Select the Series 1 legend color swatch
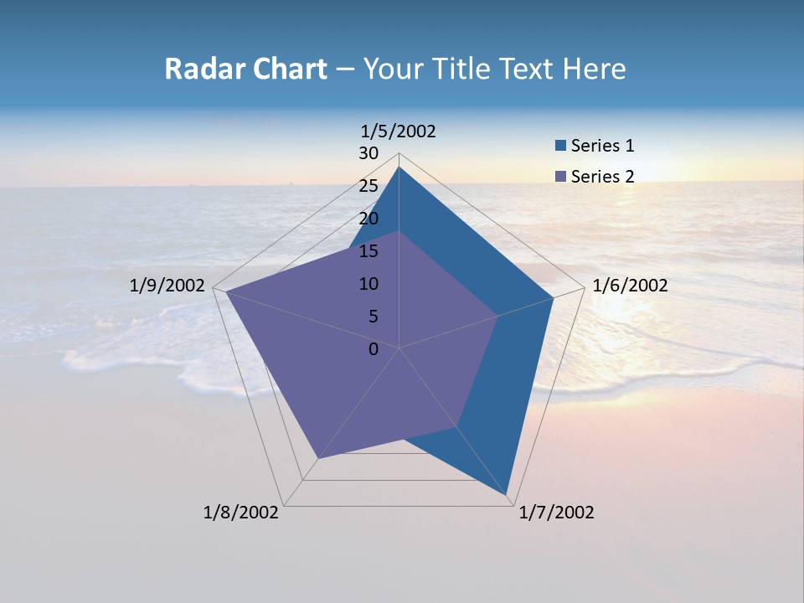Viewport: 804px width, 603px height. tap(561, 146)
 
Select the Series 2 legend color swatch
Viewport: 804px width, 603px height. tap(561, 176)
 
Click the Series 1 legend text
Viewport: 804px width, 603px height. tap(602, 146)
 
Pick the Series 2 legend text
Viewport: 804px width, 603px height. tap(602, 176)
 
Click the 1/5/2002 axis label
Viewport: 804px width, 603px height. tap(399, 131)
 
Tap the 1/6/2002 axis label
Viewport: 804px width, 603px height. tap(630, 286)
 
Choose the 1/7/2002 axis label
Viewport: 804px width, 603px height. tap(556, 513)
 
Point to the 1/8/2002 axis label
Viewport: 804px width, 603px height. tap(241, 513)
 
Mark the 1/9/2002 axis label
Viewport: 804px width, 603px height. tap(167, 286)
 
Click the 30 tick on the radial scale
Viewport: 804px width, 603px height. tap(368, 153)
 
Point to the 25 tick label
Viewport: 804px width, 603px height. tap(368, 186)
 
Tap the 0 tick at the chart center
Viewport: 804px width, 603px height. tap(374, 349)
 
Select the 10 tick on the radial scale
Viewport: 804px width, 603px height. tap(368, 284)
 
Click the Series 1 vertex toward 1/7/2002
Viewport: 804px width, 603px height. tap(507, 495)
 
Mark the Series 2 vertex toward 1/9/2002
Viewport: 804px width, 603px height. tap(226, 291)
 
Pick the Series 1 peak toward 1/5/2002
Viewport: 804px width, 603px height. tap(399, 167)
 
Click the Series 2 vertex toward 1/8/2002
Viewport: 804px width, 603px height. tap(318, 458)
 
